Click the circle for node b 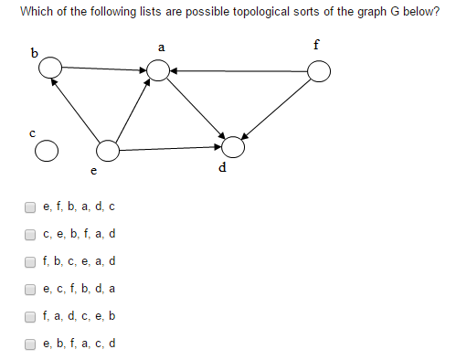[50, 66]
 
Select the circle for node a [158, 69]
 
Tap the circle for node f [319, 71]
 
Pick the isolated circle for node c [48, 150]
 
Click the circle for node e [108, 149]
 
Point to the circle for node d [233, 146]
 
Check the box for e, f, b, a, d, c [31, 206]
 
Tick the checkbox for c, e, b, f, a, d [31, 234]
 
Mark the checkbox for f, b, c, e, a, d [31, 261]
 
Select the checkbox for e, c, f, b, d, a [31, 289]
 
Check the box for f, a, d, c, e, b [31, 316]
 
